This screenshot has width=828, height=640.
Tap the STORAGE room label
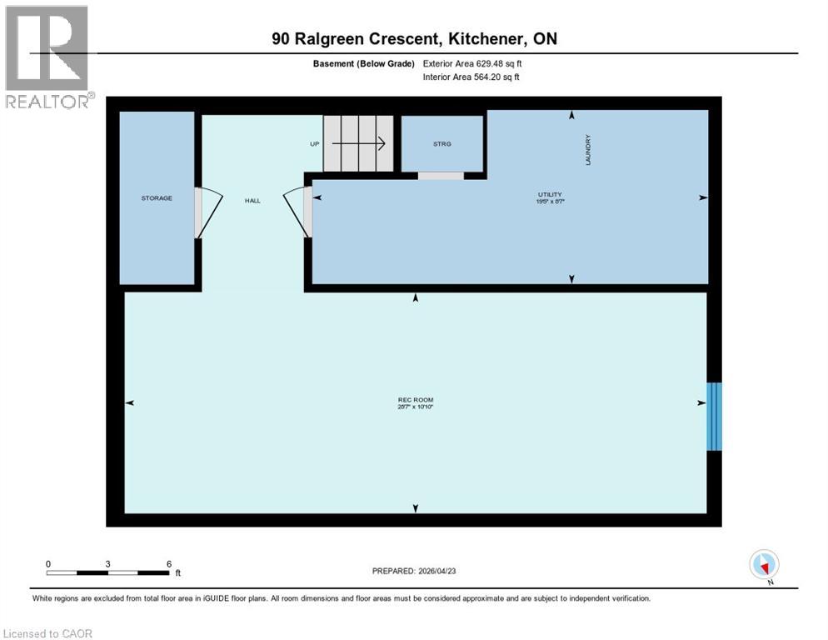coord(157,198)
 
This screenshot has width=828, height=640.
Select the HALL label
coord(252,201)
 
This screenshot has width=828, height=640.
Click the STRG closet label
coord(441,144)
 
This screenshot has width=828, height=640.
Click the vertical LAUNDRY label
coord(588,150)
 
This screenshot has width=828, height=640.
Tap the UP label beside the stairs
coord(315,144)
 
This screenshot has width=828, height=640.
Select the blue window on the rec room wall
coord(714,417)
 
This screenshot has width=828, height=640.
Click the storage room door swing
coord(207,212)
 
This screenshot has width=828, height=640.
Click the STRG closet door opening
coord(441,176)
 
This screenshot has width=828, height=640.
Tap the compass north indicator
coord(764,565)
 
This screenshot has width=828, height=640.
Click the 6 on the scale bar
coord(169,563)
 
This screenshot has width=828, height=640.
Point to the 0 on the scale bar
coord(48,563)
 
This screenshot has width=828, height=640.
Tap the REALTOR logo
coord(47,57)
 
